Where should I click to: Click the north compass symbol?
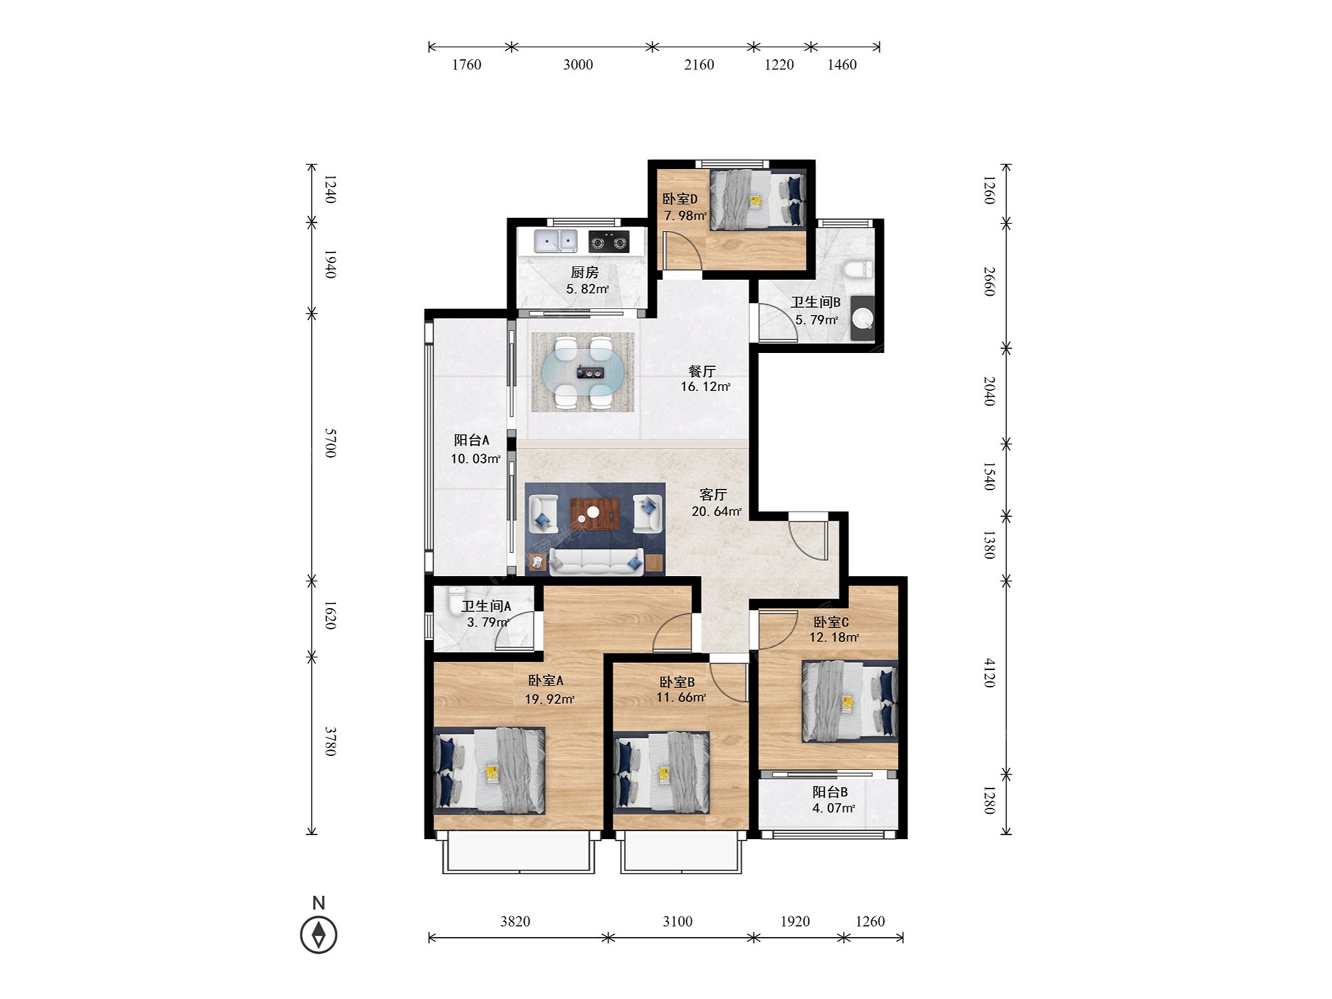tap(318, 934)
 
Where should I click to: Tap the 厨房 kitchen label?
tap(585, 272)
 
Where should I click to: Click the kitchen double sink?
tap(555, 241)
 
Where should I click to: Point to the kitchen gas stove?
tap(609, 242)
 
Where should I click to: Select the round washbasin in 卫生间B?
tap(862, 318)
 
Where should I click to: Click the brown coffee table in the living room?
tap(595, 513)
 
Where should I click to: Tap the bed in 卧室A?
tap(490, 771)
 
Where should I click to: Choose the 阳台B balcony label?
tap(830, 792)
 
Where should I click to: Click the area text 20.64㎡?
tap(717, 511)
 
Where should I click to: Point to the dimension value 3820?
tap(515, 921)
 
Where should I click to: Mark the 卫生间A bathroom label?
tap(486, 606)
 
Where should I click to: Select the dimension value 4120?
tap(990, 673)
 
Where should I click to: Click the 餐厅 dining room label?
tap(702, 371)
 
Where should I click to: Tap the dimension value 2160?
tap(699, 65)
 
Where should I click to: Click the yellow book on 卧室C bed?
tap(848, 703)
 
